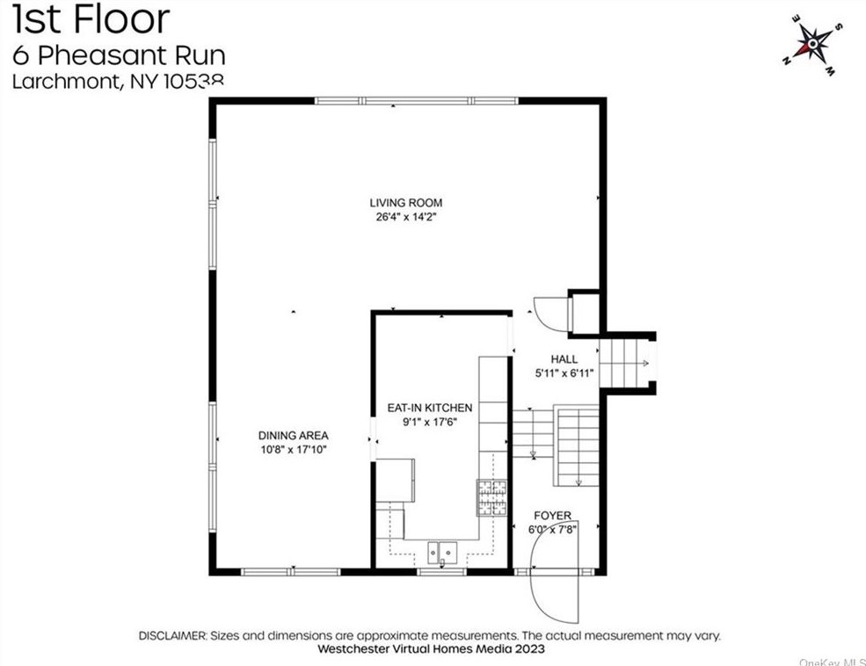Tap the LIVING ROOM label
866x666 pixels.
(x=405, y=203)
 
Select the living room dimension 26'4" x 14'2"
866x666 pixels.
(x=405, y=217)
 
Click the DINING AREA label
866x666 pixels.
(x=293, y=435)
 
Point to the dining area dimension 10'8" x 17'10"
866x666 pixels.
(x=293, y=449)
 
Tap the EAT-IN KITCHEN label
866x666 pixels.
(x=430, y=408)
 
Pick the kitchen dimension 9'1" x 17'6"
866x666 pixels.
(x=430, y=422)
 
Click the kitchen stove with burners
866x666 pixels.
(x=492, y=497)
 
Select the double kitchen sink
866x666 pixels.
(x=443, y=552)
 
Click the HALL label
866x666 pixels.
(x=564, y=359)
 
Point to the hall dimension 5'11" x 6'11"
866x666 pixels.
(x=564, y=373)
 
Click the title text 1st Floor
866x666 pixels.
(x=91, y=19)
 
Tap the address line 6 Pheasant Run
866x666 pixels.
(x=119, y=55)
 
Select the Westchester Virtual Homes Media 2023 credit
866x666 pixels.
(x=432, y=649)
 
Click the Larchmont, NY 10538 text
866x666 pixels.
(x=119, y=82)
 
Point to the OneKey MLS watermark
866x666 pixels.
(x=831, y=661)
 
